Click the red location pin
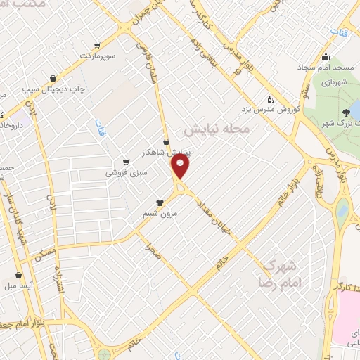181,167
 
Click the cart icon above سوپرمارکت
97,45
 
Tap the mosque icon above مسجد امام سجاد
325,57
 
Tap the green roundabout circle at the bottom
105,354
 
